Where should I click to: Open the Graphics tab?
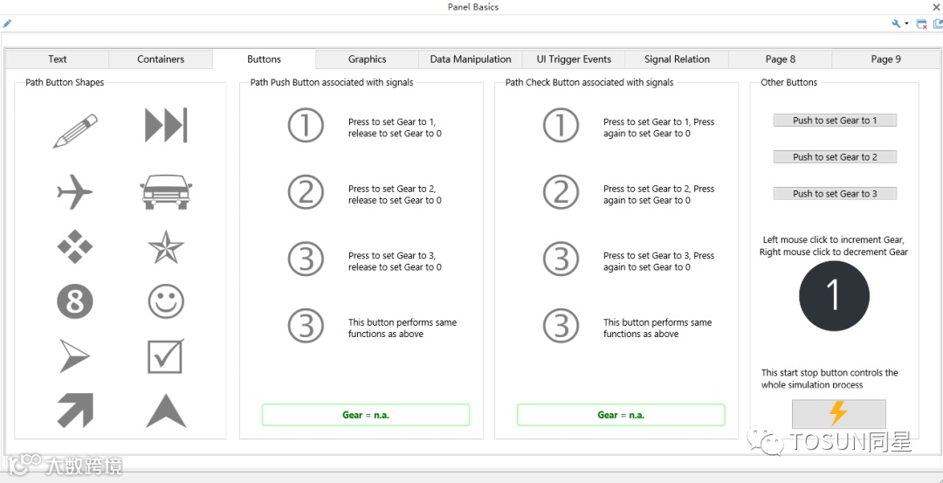(x=367, y=59)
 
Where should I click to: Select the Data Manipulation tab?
(x=471, y=59)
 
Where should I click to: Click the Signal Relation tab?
(x=678, y=59)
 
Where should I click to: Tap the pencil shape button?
(x=75, y=131)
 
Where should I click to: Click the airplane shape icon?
(x=74, y=192)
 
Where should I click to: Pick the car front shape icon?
(x=166, y=192)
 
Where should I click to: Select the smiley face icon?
(x=166, y=302)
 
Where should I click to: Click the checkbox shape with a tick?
(x=166, y=356)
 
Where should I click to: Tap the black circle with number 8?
(x=75, y=302)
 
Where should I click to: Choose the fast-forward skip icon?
(x=166, y=125)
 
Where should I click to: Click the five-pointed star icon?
(x=166, y=246)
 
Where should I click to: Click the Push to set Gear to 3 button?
(x=835, y=194)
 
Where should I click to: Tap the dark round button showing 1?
(x=834, y=295)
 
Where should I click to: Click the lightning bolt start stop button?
(x=838, y=414)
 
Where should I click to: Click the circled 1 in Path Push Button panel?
(x=306, y=125)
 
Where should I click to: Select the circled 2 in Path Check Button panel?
(x=561, y=192)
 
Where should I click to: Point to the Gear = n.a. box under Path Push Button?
(x=366, y=415)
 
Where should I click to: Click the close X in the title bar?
(x=936, y=7)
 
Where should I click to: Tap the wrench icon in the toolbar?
(x=896, y=24)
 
